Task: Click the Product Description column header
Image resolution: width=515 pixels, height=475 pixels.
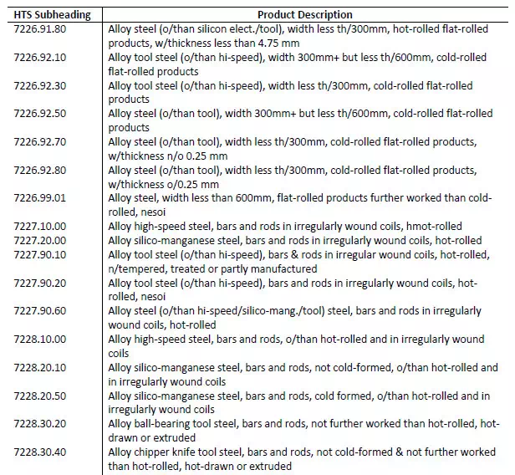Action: [304, 14]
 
